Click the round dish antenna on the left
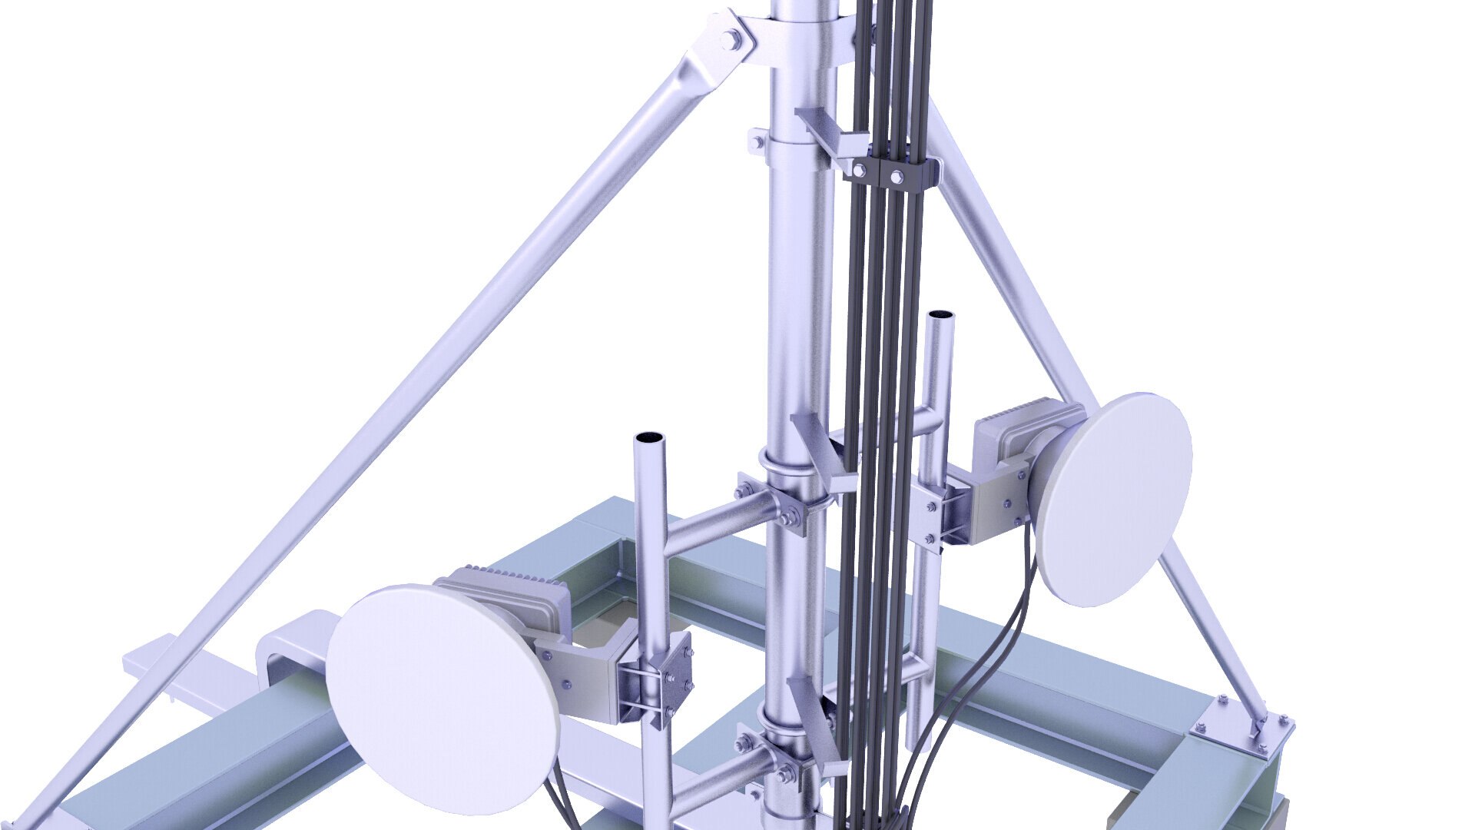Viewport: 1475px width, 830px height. [x=442, y=696]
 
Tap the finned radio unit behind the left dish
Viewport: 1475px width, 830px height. [x=507, y=596]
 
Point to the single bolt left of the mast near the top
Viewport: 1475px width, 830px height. [x=757, y=141]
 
